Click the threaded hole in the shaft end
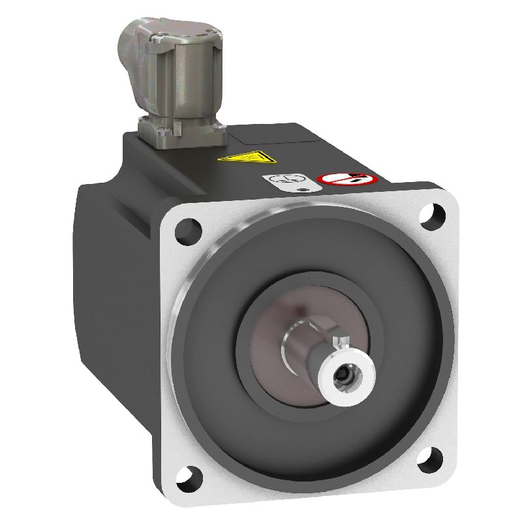(342, 377)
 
